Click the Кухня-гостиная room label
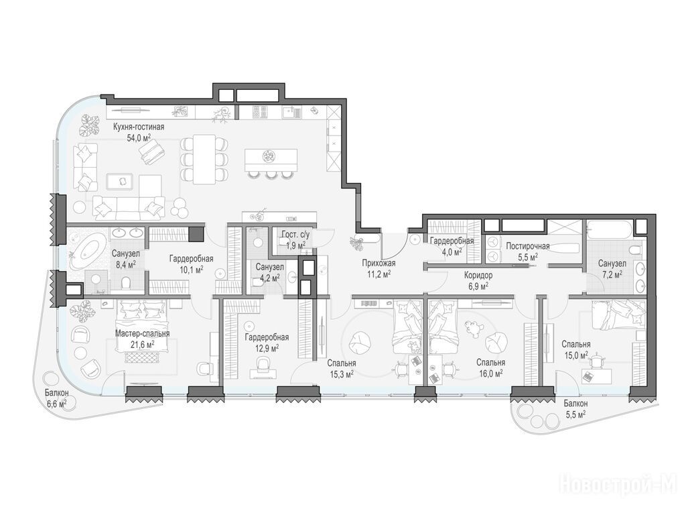(x=139, y=127)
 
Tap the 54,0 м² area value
(x=139, y=138)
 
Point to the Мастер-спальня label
(x=142, y=334)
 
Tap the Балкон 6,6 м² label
(x=56, y=398)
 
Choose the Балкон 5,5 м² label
(x=575, y=408)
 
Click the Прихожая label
(x=379, y=263)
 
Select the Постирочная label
(x=528, y=246)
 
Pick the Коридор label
(x=478, y=276)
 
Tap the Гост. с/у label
(x=296, y=235)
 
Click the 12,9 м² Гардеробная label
(x=267, y=338)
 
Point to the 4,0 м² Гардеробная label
(x=452, y=241)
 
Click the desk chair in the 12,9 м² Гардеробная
(x=263, y=363)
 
